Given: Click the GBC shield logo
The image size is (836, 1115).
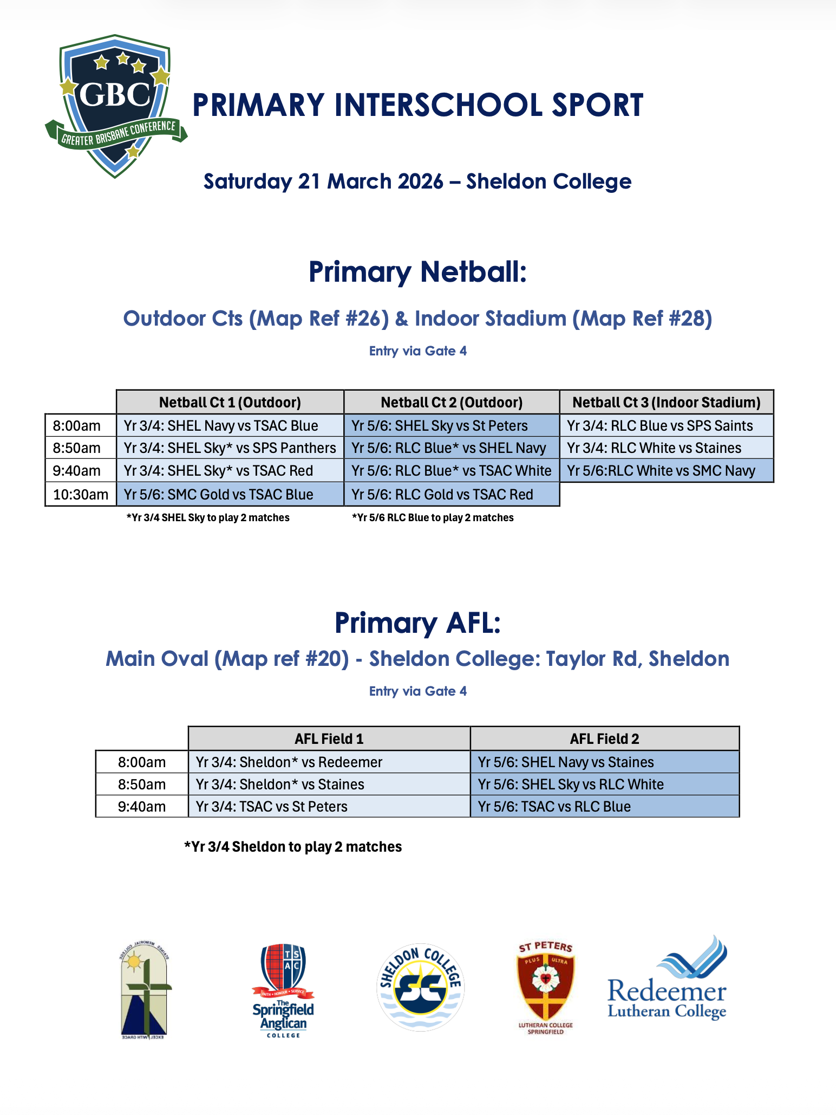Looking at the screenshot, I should pyautogui.click(x=115, y=106).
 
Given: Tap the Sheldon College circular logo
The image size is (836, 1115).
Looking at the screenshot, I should pyautogui.click(x=420, y=987).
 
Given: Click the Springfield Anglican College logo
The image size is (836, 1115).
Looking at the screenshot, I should pyautogui.click(x=283, y=989).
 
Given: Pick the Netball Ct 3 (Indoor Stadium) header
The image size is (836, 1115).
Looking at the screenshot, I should pyautogui.click(x=666, y=403).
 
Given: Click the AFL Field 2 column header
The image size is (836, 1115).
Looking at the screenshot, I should pyautogui.click(x=604, y=738).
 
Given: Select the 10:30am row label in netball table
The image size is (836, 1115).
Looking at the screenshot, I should pyautogui.click(x=81, y=495).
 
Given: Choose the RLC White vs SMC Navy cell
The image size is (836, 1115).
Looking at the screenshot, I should pyautogui.click(x=666, y=471).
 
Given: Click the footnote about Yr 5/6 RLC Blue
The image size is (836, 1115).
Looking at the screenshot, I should pyautogui.click(x=433, y=518).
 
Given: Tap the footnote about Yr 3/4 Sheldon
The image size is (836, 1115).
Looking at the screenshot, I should pyautogui.click(x=293, y=847).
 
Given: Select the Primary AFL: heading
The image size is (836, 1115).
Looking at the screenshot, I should pyautogui.click(x=417, y=623).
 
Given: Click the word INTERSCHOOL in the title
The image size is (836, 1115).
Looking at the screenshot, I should pyautogui.click(x=438, y=105).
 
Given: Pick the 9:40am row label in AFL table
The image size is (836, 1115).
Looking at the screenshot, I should pyautogui.click(x=142, y=807).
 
